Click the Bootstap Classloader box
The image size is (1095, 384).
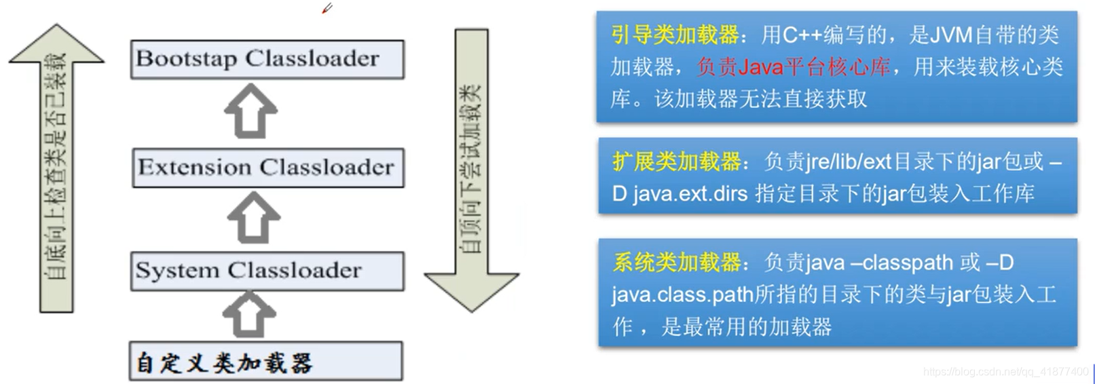pyautogui.click(x=267, y=59)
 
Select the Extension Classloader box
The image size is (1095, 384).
pyautogui.click(x=267, y=168)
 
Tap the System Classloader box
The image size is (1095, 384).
pyautogui.click(x=267, y=271)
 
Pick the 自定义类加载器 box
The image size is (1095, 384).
pyautogui.click(x=265, y=362)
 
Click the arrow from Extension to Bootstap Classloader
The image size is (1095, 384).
pyautogui.click(x=250, y=111)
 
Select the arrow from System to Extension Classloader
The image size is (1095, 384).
pyautogui.click(x=253, y=217)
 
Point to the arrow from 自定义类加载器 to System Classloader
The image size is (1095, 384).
pyautogui.click(x=249, y=314)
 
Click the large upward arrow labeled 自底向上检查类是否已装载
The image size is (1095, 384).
pyautogui.click(x=56, y=170)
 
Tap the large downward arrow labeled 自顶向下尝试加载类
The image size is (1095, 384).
pyautogui.click(x=472, y=170)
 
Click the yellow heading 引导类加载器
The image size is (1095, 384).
pyautogui.click(x=675, y=35)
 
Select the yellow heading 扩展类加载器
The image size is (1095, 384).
pyautogui.click(x=676, y=161)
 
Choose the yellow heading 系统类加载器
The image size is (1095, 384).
pyautogui.click(x=676, y=262)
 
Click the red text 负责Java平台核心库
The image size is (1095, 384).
pyautogui.click(x=793, y=66)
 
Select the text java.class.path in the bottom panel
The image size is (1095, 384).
pyautogui.click(x=682, y=294)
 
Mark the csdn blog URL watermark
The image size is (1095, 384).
pyautogui.click(x=1005, y=372)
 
